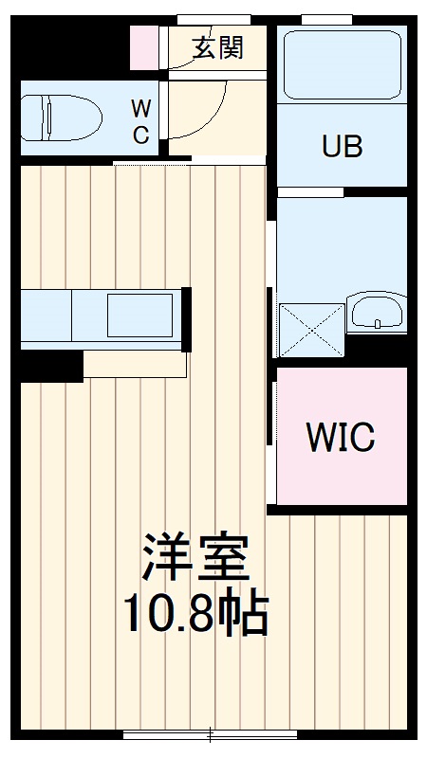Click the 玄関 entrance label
(x=218, y=48)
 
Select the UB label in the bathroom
(x=342, y=148)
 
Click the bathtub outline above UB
(x=342, y=64)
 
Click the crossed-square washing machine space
(x=311, y=328)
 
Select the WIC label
(x=340, y=438)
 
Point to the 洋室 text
(x=196, y=559)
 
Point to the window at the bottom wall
(x=210, y=733)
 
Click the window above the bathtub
(x=315, y=19)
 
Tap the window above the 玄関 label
(x=213, y=19)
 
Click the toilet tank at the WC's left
(x=29, y=118)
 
